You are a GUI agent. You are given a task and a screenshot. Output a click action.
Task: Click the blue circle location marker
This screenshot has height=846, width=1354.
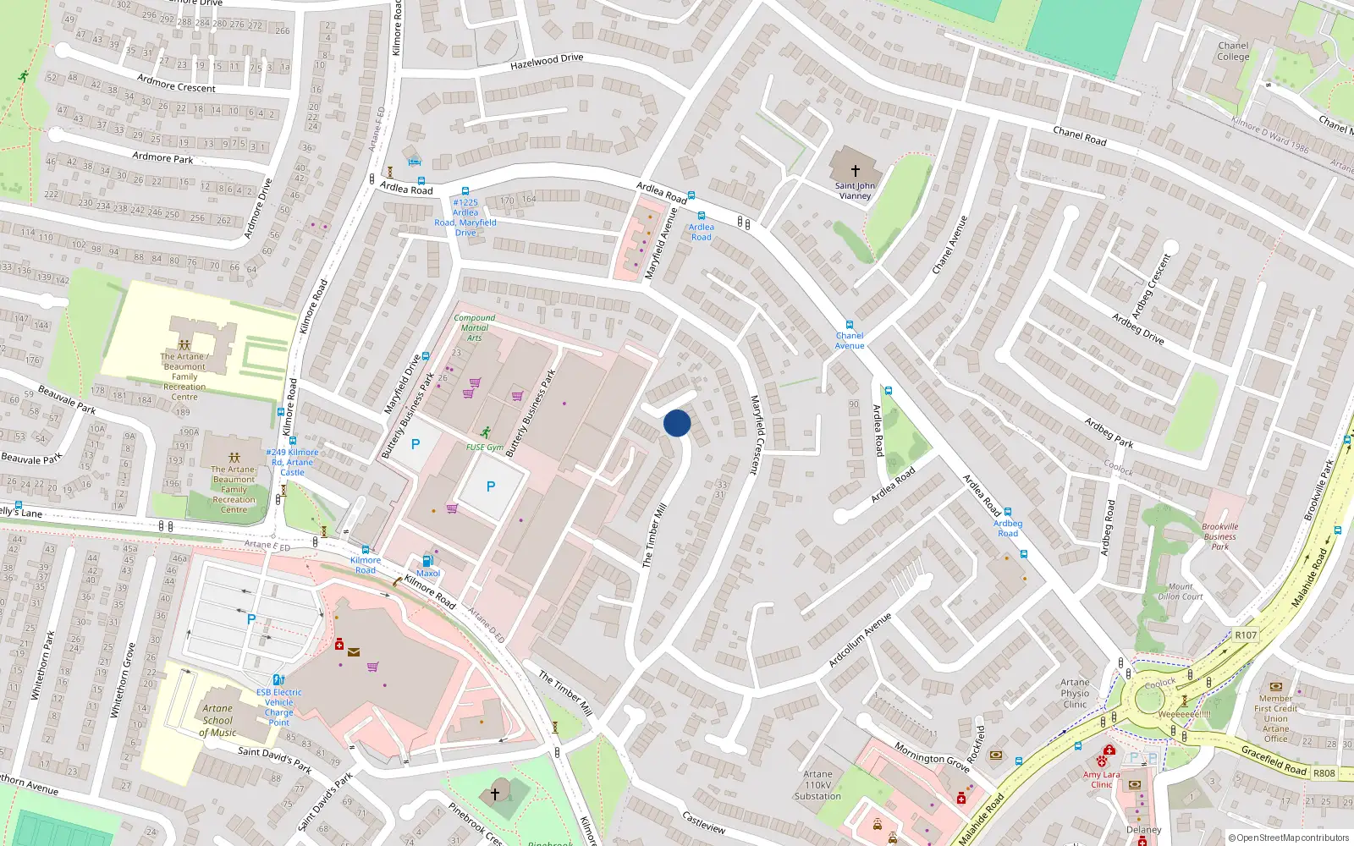677,423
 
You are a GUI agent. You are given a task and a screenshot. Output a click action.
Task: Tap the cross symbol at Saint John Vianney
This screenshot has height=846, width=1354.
855,171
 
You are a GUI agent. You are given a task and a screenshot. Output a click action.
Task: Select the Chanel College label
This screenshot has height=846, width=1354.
1233,52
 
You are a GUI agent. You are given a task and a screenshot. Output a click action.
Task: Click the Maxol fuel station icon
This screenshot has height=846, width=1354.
427,561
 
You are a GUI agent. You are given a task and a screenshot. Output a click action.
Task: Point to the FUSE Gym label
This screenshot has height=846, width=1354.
484,448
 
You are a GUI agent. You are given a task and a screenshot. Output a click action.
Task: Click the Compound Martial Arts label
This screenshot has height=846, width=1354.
474,327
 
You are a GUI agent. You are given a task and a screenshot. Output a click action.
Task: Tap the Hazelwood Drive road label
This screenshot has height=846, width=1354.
547,61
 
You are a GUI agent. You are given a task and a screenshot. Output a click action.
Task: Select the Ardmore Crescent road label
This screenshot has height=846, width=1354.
176,83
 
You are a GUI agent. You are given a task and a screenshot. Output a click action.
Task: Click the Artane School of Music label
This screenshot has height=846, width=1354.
217,721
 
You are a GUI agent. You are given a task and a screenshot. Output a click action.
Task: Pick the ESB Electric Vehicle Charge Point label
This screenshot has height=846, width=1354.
278,707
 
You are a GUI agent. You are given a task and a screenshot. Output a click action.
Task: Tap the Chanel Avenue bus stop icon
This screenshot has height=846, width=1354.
850,325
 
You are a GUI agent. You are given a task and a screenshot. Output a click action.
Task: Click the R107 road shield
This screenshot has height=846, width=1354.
1246,635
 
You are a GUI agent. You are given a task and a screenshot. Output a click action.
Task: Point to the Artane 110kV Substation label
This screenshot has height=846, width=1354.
817,785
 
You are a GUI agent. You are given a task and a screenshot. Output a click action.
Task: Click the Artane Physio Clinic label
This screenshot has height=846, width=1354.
1075,693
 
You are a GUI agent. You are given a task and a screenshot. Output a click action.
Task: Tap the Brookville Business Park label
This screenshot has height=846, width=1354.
1219,536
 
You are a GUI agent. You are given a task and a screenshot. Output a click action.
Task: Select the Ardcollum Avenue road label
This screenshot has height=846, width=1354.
860,640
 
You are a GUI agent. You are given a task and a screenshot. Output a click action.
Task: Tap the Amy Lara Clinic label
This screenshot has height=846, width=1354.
1101,779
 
